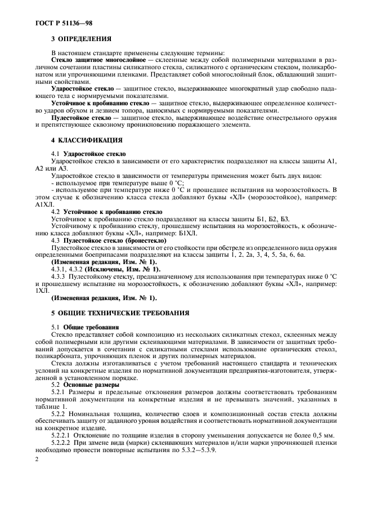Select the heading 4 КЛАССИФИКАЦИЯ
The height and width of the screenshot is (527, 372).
(x=85, y=139)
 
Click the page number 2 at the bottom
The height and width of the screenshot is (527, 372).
(x=36, y=460)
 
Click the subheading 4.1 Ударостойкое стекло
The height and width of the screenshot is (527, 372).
(x=89, y=154)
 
